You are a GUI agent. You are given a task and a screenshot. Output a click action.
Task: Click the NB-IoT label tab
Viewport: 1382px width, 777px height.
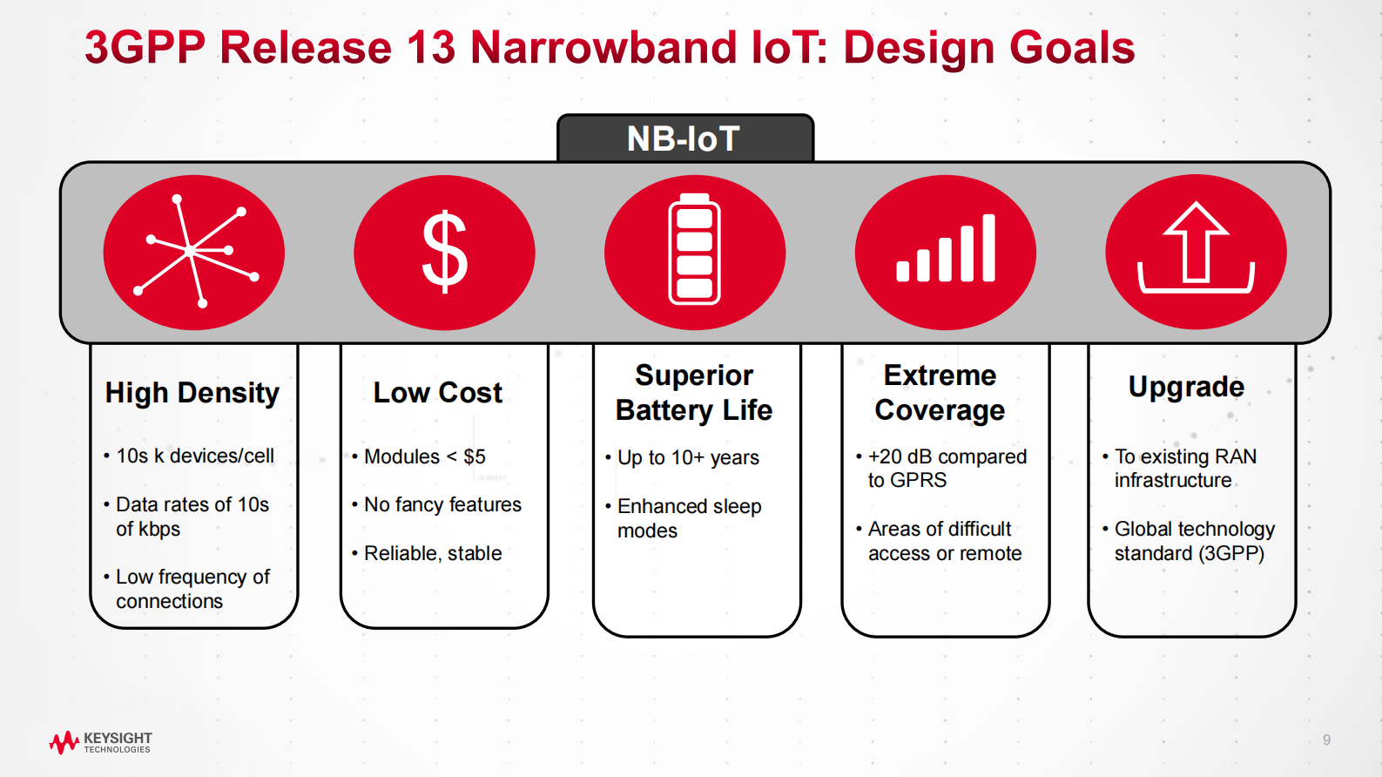pyautogui.click(x=684, y=139)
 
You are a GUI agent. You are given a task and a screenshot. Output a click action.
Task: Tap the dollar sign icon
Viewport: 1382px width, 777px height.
pyautogui.click(x=444, y=252)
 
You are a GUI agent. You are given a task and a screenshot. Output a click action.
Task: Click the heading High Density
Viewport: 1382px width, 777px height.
pyautogui.click(x=192, y=393)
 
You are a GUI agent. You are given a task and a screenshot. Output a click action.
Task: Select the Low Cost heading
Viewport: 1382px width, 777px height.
pyautogui.click(x=438, y=393)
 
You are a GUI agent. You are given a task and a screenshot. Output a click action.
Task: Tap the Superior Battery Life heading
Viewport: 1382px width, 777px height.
pyautogui.click(x=694, y=393)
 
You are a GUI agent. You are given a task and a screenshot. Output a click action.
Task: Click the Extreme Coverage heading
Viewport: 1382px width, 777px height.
pyautogui.click(x=940, y=393)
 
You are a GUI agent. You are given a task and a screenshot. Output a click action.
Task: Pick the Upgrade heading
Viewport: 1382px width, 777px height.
pyautogui.click(x=1186, y=387)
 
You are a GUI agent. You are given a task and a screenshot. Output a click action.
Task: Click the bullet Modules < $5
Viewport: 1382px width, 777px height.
pyautogui.click(x=424, y=456)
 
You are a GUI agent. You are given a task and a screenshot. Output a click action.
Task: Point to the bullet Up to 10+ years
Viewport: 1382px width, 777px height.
pyautogui.click(x=688, y=457)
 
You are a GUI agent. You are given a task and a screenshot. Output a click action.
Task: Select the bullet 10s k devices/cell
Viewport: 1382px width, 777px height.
pyautogui.click(x=195, y=456)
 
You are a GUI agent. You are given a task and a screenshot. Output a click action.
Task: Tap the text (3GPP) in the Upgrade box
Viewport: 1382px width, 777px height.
pyautogui.click(x=1231, y=553)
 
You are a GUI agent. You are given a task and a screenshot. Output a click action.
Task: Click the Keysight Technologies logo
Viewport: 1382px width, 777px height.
pyautogui.click(x=101, y=742)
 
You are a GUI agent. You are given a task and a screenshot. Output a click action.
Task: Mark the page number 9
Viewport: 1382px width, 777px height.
pyautogui.click(x=1326, y=740)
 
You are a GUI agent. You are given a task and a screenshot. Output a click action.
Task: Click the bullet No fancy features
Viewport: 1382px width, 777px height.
pyautogui.click(x=442, y=504)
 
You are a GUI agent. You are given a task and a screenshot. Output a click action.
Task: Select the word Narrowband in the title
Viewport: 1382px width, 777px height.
pyautogui.click(x=604, y=48)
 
